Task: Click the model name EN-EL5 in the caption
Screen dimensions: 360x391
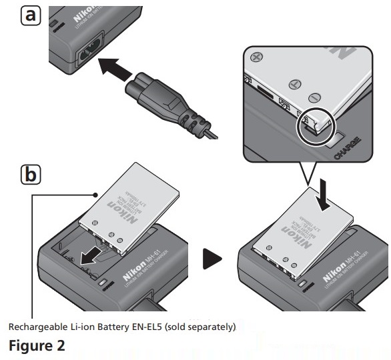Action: pos(147,327)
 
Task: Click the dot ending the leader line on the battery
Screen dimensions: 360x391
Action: pos(97,195)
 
